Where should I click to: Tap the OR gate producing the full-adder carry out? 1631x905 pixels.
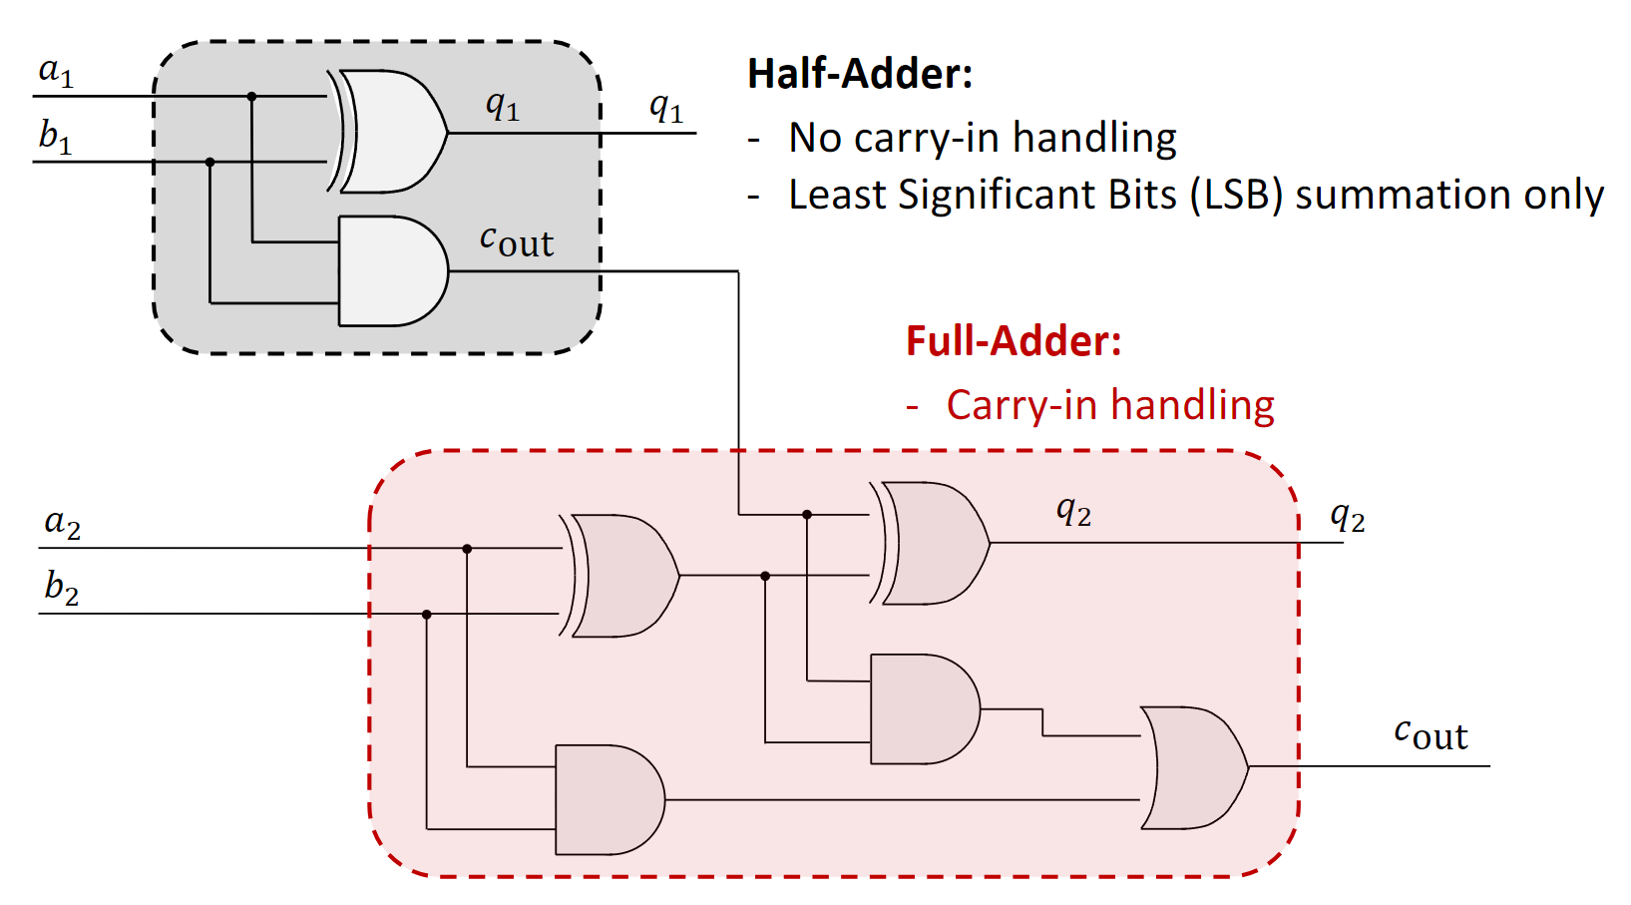(x=1193, y=767)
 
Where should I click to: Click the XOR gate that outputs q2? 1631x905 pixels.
(x=934, y=544)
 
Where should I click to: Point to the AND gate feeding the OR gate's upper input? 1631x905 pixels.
(x=923, y=709)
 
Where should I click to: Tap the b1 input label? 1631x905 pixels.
(x=56, y=136)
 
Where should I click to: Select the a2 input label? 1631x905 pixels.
(x=62, y=523)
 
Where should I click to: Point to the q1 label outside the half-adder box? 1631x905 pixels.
(x=666, y=107)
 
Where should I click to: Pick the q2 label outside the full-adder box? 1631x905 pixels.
(x=1348, y=517)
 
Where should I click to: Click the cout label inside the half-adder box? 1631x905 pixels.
(x=516, y=241)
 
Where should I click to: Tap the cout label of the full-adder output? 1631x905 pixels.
(x=1430, y=734)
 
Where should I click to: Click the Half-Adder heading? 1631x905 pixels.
(x=860, y=74)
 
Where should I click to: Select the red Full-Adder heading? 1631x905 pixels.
(x=1014, y=341)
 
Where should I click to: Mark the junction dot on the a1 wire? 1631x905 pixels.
(x=252, y=97)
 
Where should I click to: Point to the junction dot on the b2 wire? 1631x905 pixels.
(x=427, y=614)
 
